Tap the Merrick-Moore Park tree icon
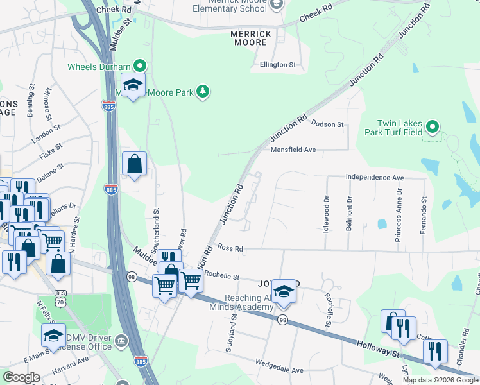pyautogui.click(x=203, y=92)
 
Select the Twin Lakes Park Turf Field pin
pyautogui.click(x=433, y=127)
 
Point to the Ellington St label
pyautogui.click(x=277, y=65)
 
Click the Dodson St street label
pyautogui.click(x=327, y=124)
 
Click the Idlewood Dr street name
pyautogui.click(x=326, y=214)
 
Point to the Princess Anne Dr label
pyautogui.click(x=399, y=210)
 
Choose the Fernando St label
pyautogui.click(x=424, y=215)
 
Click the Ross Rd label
pyautogui.click(x=230, y=248)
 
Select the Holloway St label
pyautogui.click(x=381, y=352)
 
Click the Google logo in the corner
pyautogui.click(x=21, y=377)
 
